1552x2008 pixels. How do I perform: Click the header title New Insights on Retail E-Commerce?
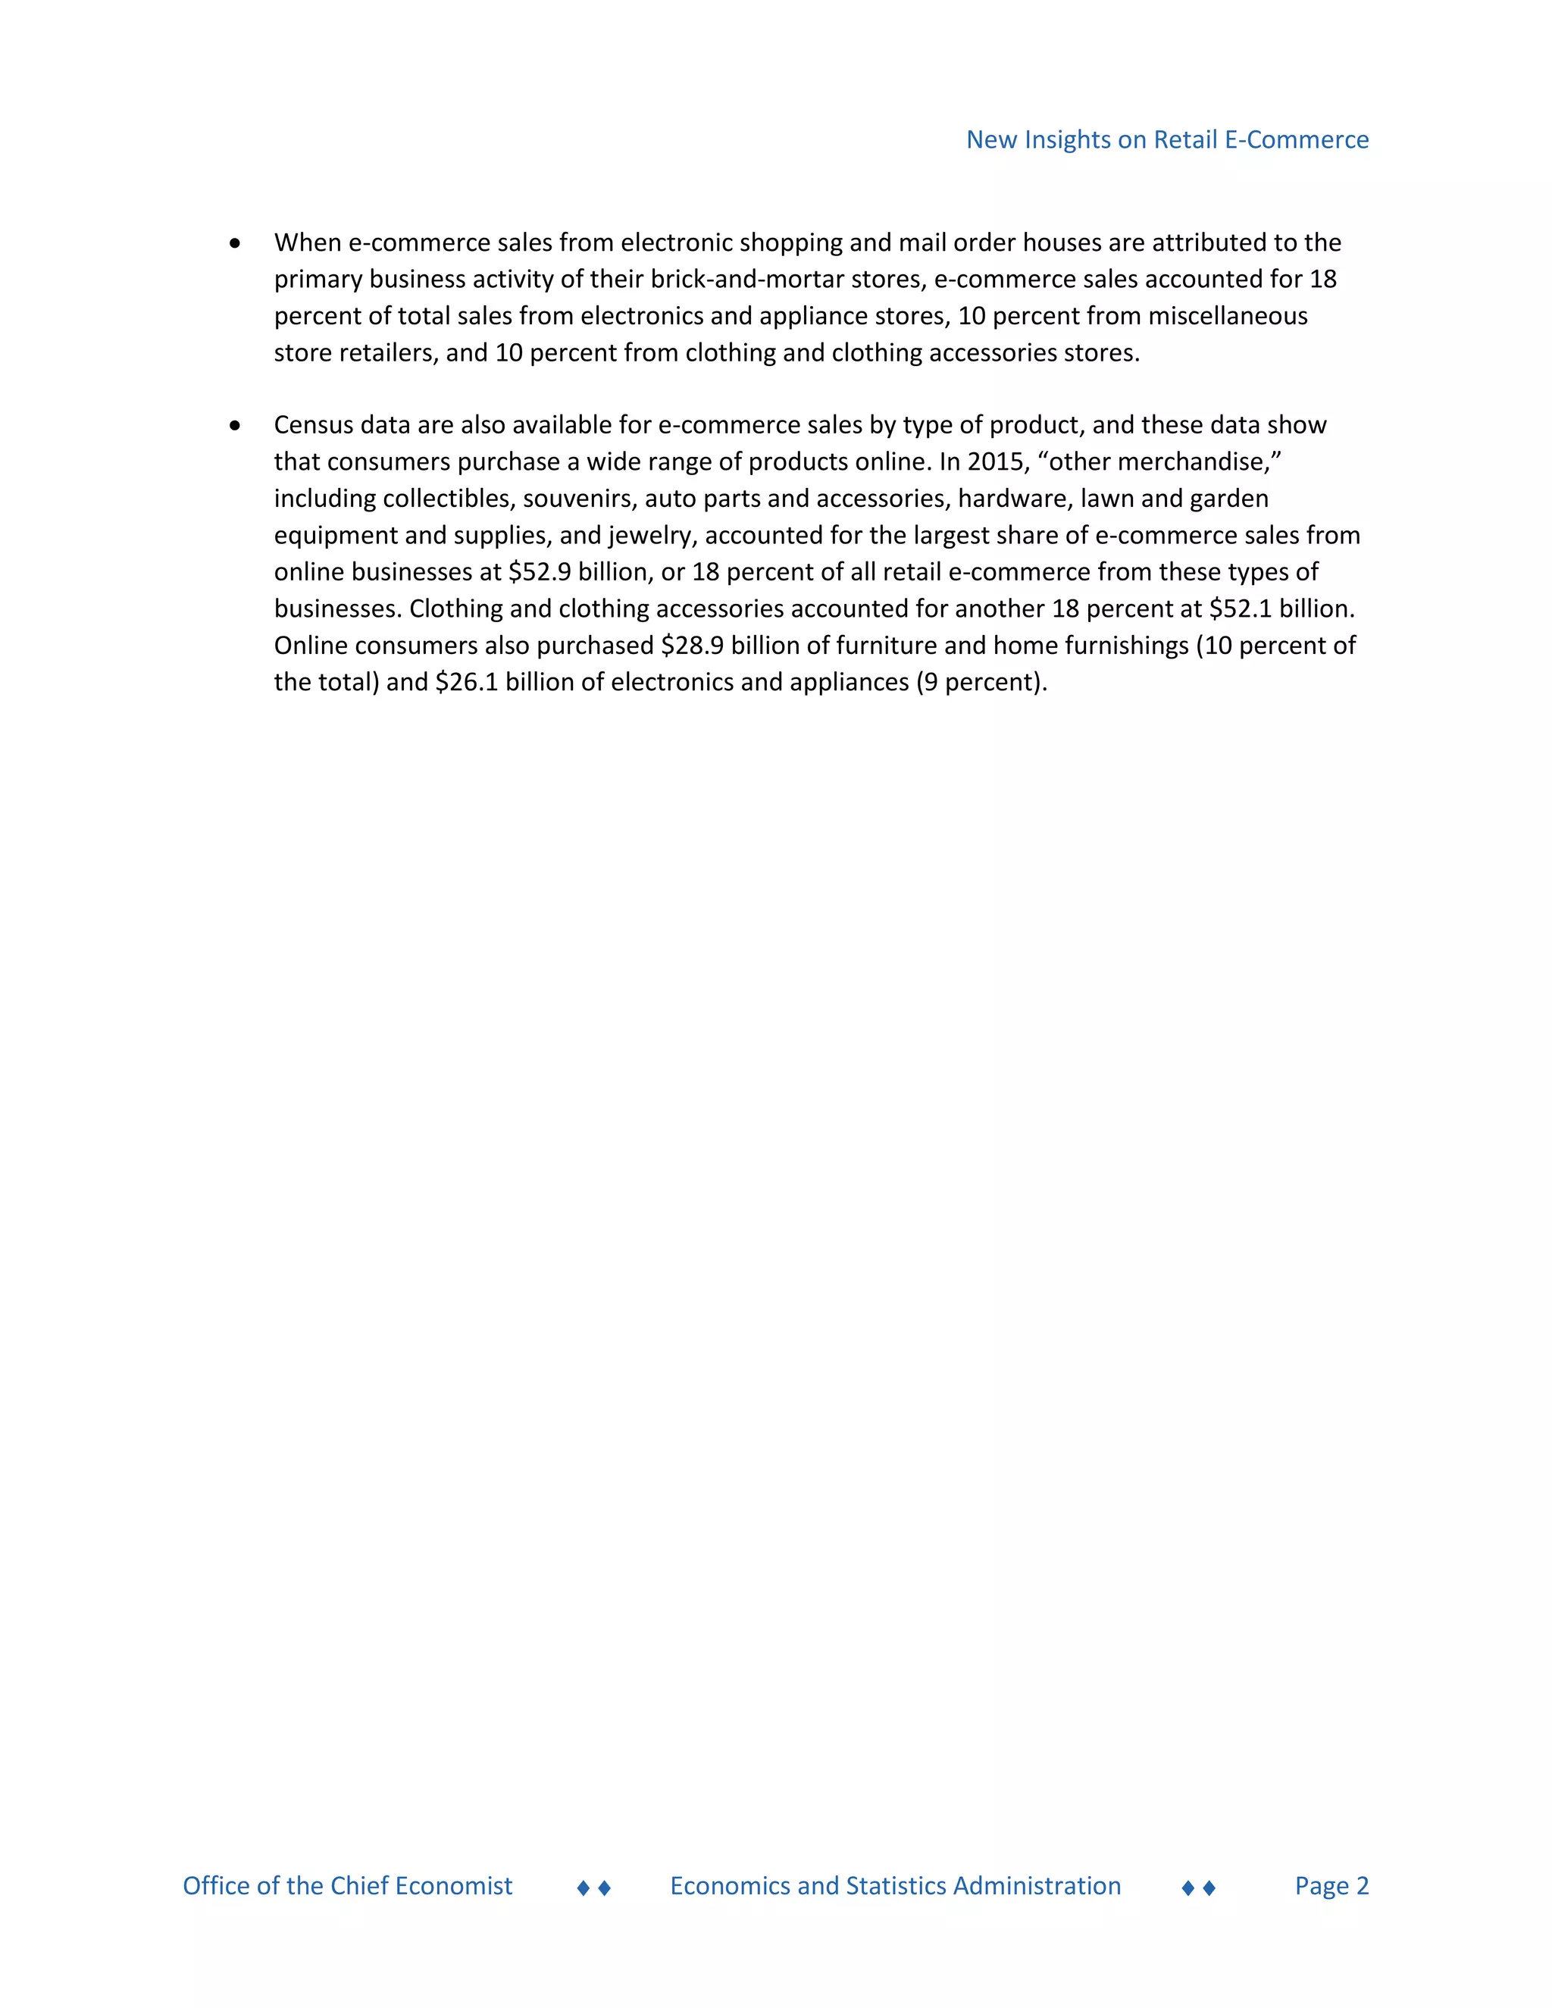pos(1167,139)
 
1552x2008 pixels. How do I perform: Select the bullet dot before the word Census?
pos(236,426)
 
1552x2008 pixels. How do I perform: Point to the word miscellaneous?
pos(1228,316)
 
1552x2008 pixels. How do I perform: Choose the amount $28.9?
pos(691,646)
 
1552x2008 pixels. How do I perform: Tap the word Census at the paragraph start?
pos(314,425)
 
